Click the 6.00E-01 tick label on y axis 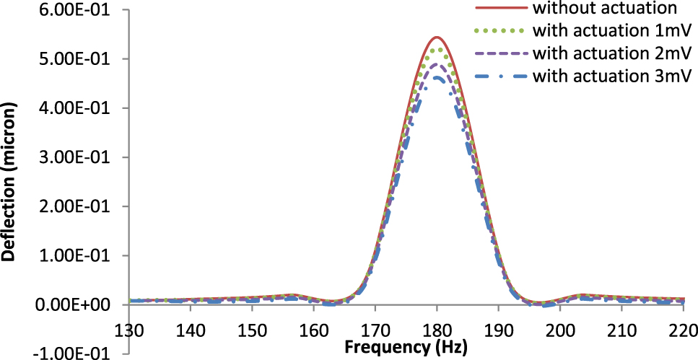pos(75,10)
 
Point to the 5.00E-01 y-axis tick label pos(75,59)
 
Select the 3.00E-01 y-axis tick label pos(75,157)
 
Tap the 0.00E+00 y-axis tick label pos(74,304)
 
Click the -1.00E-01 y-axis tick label pos(72,354)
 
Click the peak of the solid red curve pos(437,37)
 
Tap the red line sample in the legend pos(503,9)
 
